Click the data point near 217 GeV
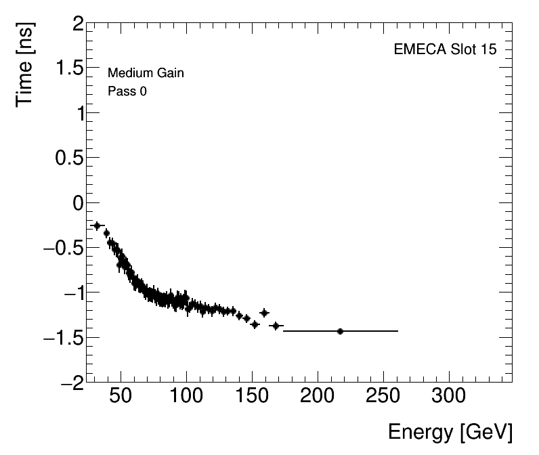tap(340, 331)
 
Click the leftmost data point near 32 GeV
tap(97, 225)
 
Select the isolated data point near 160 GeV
tap(264, 312)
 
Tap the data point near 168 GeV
tap(276, 326)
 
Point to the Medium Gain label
tap(146, 73)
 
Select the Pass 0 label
tap(127, 91)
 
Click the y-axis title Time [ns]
tap(27, 64)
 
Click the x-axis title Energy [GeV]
tap(450, 432)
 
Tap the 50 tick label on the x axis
tap(121, 395)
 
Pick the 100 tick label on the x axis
tap(186, 395)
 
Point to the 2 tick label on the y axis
tap(78, 24)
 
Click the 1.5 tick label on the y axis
tap(68, 69)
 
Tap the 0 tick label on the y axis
tap(78, 203)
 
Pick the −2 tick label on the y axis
tap(72, 382)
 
